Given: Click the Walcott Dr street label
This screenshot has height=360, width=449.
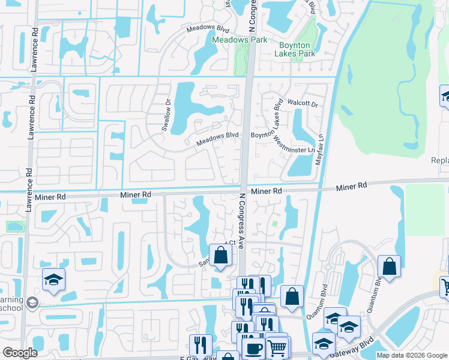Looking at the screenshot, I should [301, 103].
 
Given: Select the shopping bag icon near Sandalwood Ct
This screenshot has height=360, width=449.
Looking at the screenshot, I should [220, 254].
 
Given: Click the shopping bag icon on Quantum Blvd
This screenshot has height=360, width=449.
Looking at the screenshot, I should [389, 266].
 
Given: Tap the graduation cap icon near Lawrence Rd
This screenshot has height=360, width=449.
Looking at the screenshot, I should [53, 279].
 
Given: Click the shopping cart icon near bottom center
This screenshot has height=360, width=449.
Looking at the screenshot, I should [277, 346].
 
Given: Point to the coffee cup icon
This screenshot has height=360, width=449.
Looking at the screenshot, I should [253, 349].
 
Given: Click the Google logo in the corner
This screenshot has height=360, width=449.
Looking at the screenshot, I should [19, 353].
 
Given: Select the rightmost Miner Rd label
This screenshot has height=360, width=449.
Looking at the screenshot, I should [351, 187].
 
